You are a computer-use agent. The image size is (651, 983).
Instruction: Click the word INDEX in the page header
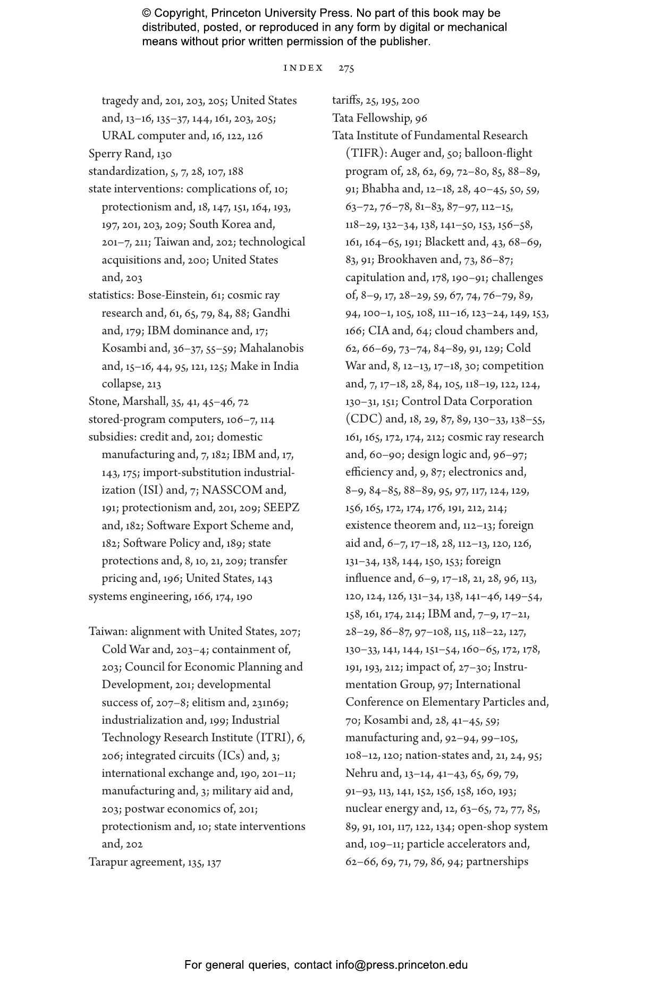pyautogui.click(x=303, y=68)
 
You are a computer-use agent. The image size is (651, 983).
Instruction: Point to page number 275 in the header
pyautogui.click(x=346, y=68)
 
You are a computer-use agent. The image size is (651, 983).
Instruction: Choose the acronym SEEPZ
pyautogui.click(x=282, y=508)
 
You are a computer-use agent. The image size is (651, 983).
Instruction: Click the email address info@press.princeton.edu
pyautogui.click(x=401, y=965)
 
